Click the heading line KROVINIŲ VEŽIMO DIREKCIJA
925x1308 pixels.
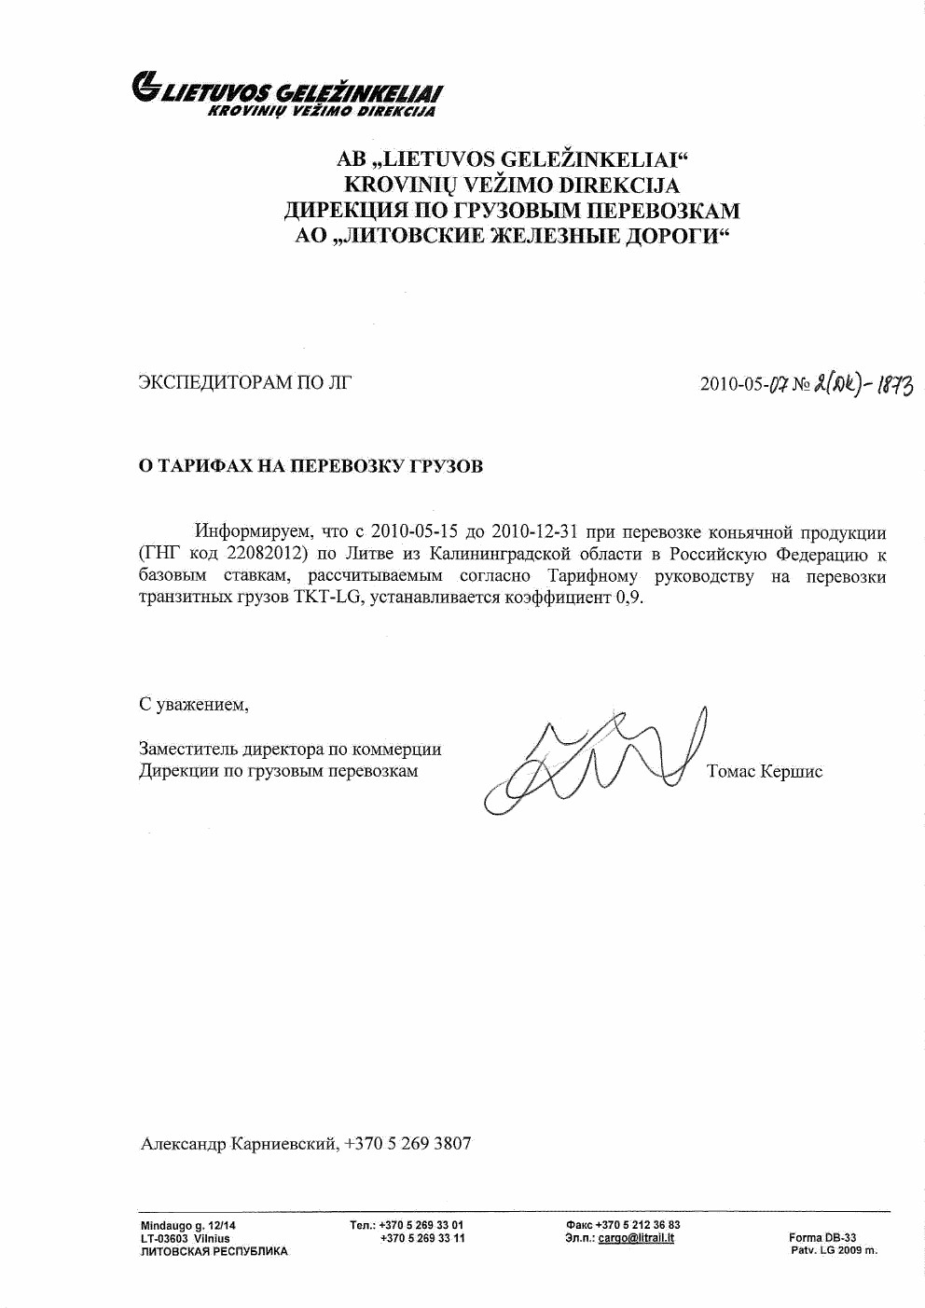click(x=512, y=185)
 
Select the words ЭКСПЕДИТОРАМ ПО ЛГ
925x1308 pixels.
click(x=244, y=381)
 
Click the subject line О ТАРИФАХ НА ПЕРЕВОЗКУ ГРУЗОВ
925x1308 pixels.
click(x=311, y=466)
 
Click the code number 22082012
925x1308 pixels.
click(x=267, y=555)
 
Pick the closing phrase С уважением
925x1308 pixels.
click(x=194, y=704)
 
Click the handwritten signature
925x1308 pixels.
click(x=597, y=760)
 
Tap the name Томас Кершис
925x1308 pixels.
click(x=765, y=772)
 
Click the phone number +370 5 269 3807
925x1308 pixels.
click(x=407, y=1143)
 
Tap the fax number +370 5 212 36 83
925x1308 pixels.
click(x=637, y=1225)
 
